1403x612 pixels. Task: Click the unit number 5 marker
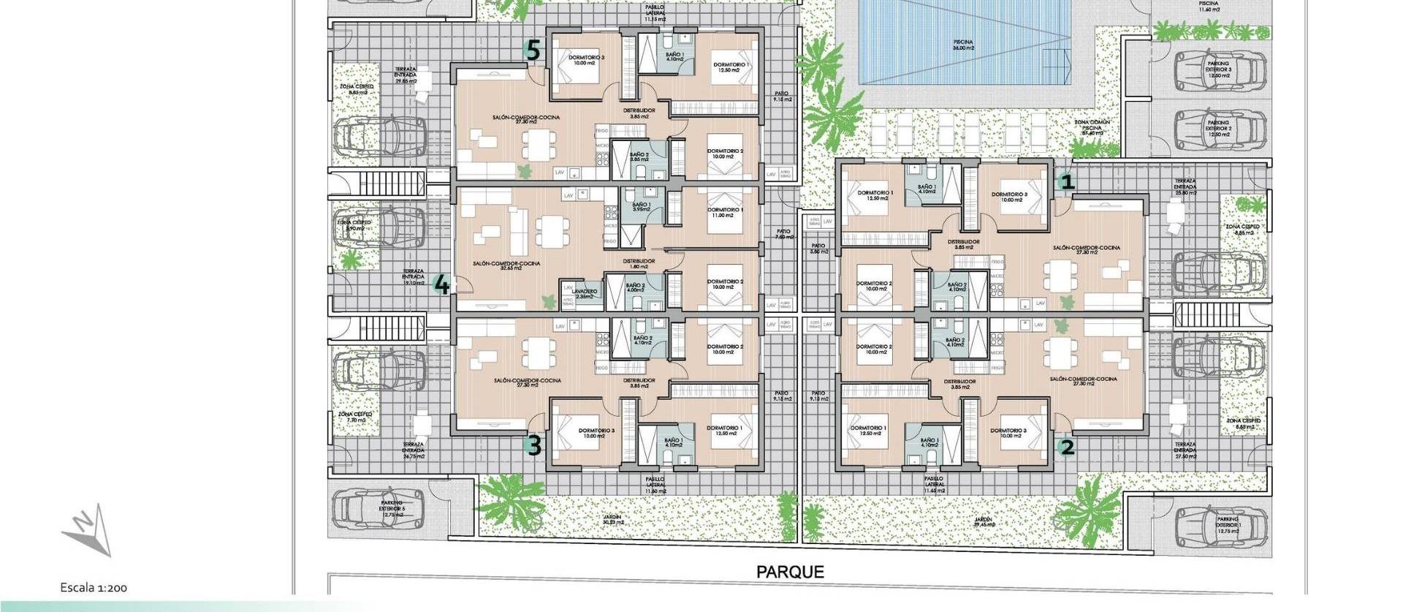click(x=533, y=51)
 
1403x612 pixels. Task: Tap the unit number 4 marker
click(x=441, y=284)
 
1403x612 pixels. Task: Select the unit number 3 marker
click(x=534, y=445)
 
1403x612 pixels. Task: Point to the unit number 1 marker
click(x=1068, y=181)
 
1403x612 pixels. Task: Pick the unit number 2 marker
click(x=1068, y=447)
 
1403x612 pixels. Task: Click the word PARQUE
click(x=790, y=572)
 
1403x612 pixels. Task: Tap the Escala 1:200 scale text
click(x=94, y=587)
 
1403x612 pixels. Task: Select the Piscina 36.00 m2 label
click(x=963, y=45)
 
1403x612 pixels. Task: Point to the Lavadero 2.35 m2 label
click(x=585, y=293)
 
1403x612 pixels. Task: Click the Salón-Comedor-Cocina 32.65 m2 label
click(x=506, y=265)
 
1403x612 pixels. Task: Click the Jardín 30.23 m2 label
click(x=612, y=519)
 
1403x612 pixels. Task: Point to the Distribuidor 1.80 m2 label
click(x=639, y=263)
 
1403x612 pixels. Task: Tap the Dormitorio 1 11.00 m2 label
click(x=725, y=213)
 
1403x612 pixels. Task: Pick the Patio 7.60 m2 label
click(x=783, y=234)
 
